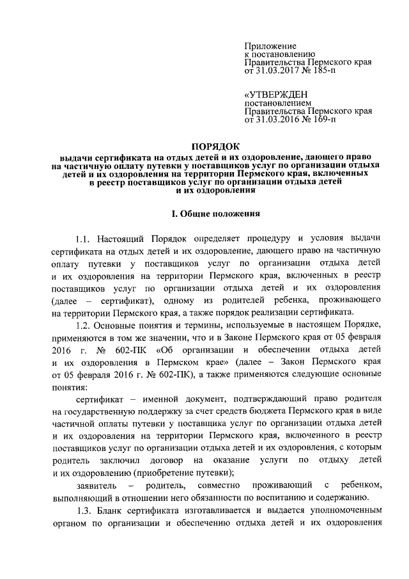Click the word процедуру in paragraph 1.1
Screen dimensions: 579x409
pos(263,239)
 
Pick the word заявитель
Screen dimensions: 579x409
pos(94,486)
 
